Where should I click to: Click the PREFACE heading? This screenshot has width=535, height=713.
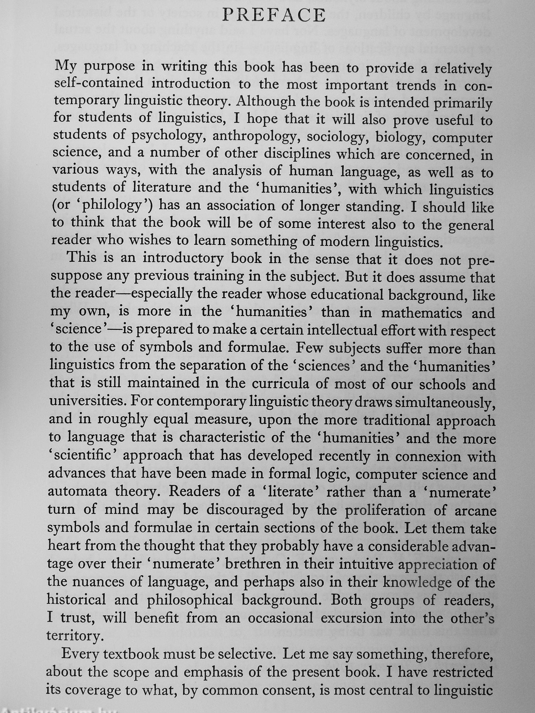pos(274,15)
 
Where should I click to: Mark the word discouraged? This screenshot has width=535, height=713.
pos(245,510)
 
